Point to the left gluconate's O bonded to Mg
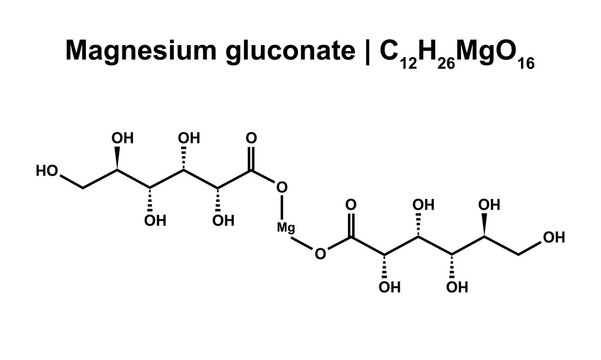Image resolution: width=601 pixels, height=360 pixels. click(x=283, y=188)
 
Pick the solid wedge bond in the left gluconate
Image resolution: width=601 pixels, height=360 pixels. click(x=119, y=156)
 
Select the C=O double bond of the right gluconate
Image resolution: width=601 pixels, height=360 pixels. click(x=351, y=226)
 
